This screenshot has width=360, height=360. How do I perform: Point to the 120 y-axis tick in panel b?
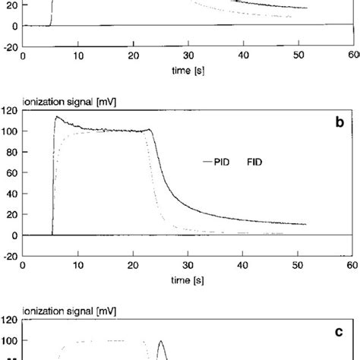click(10, 112)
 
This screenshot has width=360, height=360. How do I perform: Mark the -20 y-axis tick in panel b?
click(10, 256)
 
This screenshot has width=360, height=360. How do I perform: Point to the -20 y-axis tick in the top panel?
click(10, 47)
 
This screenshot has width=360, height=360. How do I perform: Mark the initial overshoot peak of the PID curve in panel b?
click(56, 117)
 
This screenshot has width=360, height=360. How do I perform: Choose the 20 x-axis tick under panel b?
click(133, 266)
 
